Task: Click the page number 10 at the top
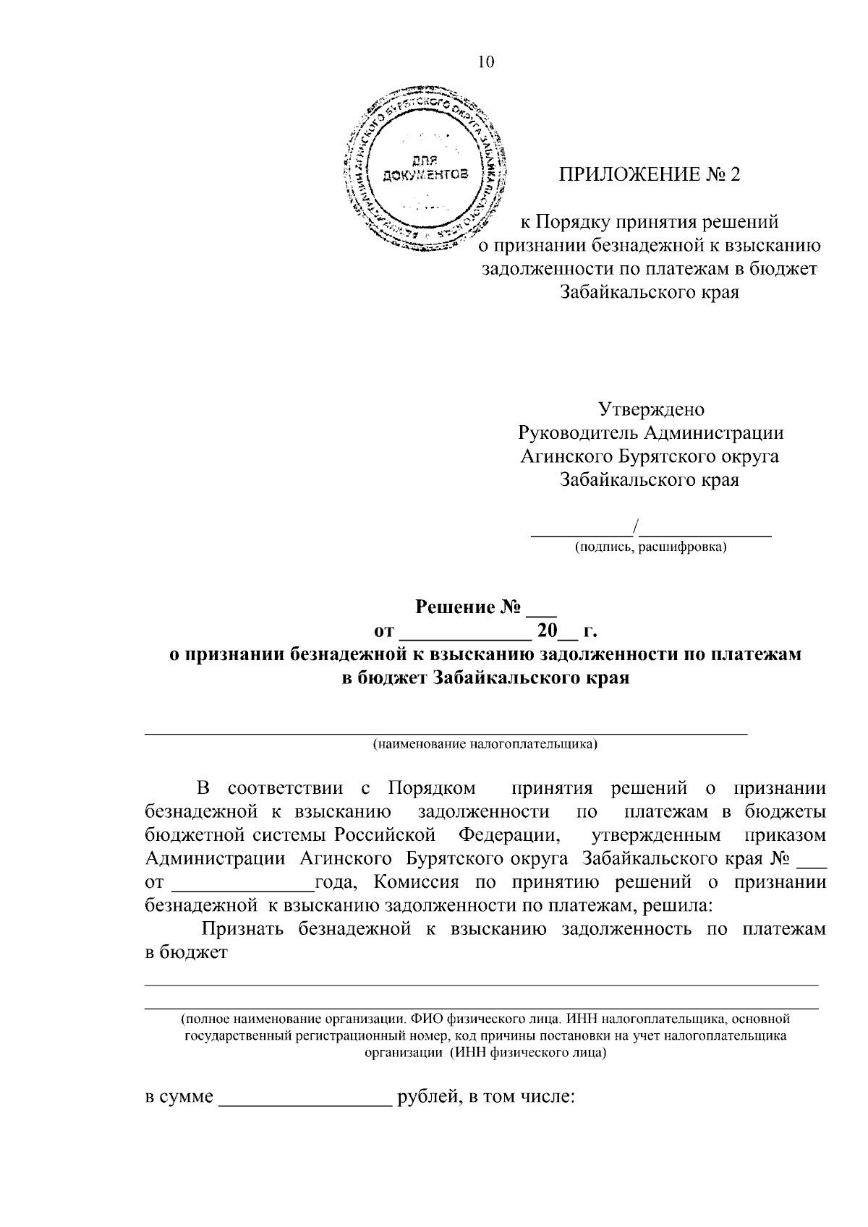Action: [x=485, y=62]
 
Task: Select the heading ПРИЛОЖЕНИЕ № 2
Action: [x=650, y=175]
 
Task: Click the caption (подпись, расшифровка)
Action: [x=651, y=547]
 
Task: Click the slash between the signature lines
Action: [x=634, y=526]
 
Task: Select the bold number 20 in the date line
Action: [x=547, y=631]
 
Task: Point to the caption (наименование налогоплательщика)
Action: [x=485, y=744]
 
